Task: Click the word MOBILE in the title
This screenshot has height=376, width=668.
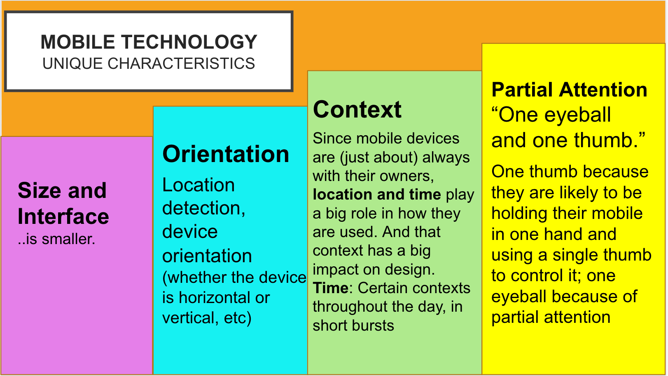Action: tap(78, 42)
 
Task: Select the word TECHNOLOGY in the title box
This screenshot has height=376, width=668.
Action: tap(189, 42)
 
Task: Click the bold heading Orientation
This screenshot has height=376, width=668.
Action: tap(226, 154)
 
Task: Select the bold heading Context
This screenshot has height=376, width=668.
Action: tap(357, 109)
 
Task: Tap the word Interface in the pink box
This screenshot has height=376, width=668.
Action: tap(63, 216)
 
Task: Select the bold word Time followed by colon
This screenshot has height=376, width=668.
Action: tap(331, 288)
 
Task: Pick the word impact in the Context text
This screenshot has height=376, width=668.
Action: tap(332, 270)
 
